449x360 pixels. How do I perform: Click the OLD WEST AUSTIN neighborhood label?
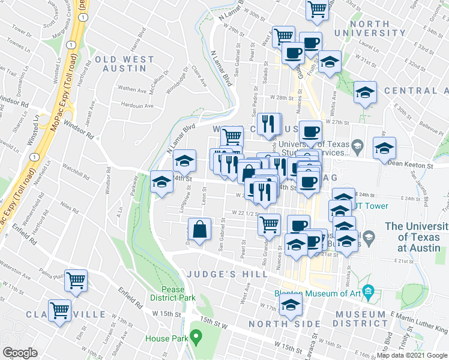[124, 64]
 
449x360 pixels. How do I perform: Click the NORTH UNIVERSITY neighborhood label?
[370, 28]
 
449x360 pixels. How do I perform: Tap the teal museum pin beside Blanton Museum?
[369, 293]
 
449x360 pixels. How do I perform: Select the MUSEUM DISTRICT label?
[360, 319]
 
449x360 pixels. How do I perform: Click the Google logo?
[20, 353]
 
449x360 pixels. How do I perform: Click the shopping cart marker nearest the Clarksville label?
[59, 311]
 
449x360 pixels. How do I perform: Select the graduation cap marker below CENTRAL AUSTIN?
[365, 92]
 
